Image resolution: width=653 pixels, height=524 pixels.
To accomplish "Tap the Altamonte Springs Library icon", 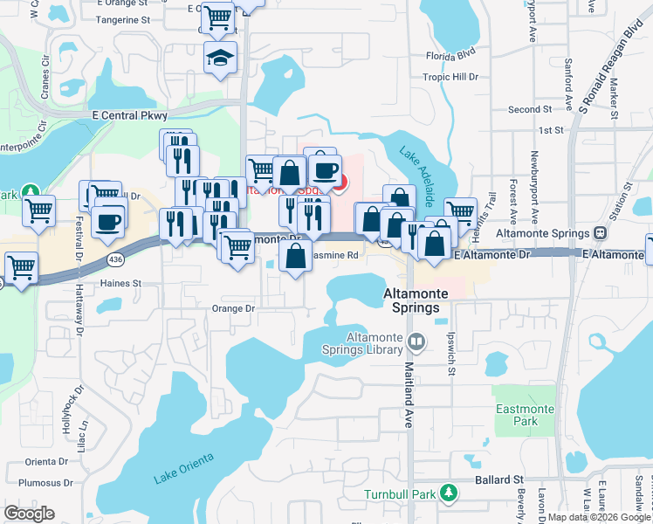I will tap(416, 342).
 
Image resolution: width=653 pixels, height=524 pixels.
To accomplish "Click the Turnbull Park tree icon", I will tap(448, 493).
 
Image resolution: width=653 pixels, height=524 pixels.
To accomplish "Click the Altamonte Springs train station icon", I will tap(600, 233).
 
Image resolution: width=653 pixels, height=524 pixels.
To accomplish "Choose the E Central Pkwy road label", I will tap(128, 114).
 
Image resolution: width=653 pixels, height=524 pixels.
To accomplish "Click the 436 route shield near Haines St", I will tap(115, 260).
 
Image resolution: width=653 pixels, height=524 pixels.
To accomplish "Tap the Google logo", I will tap(29, 513).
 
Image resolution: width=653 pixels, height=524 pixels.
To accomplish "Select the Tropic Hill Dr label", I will tap(451, 77).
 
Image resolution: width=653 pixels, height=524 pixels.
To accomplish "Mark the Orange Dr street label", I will tap(233, 308).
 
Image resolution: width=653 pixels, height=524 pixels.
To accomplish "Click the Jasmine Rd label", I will tap(335, 255).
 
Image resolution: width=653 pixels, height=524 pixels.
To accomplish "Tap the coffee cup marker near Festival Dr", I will tap(108, 222).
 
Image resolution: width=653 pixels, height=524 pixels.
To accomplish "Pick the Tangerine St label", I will tap(122, 18).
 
